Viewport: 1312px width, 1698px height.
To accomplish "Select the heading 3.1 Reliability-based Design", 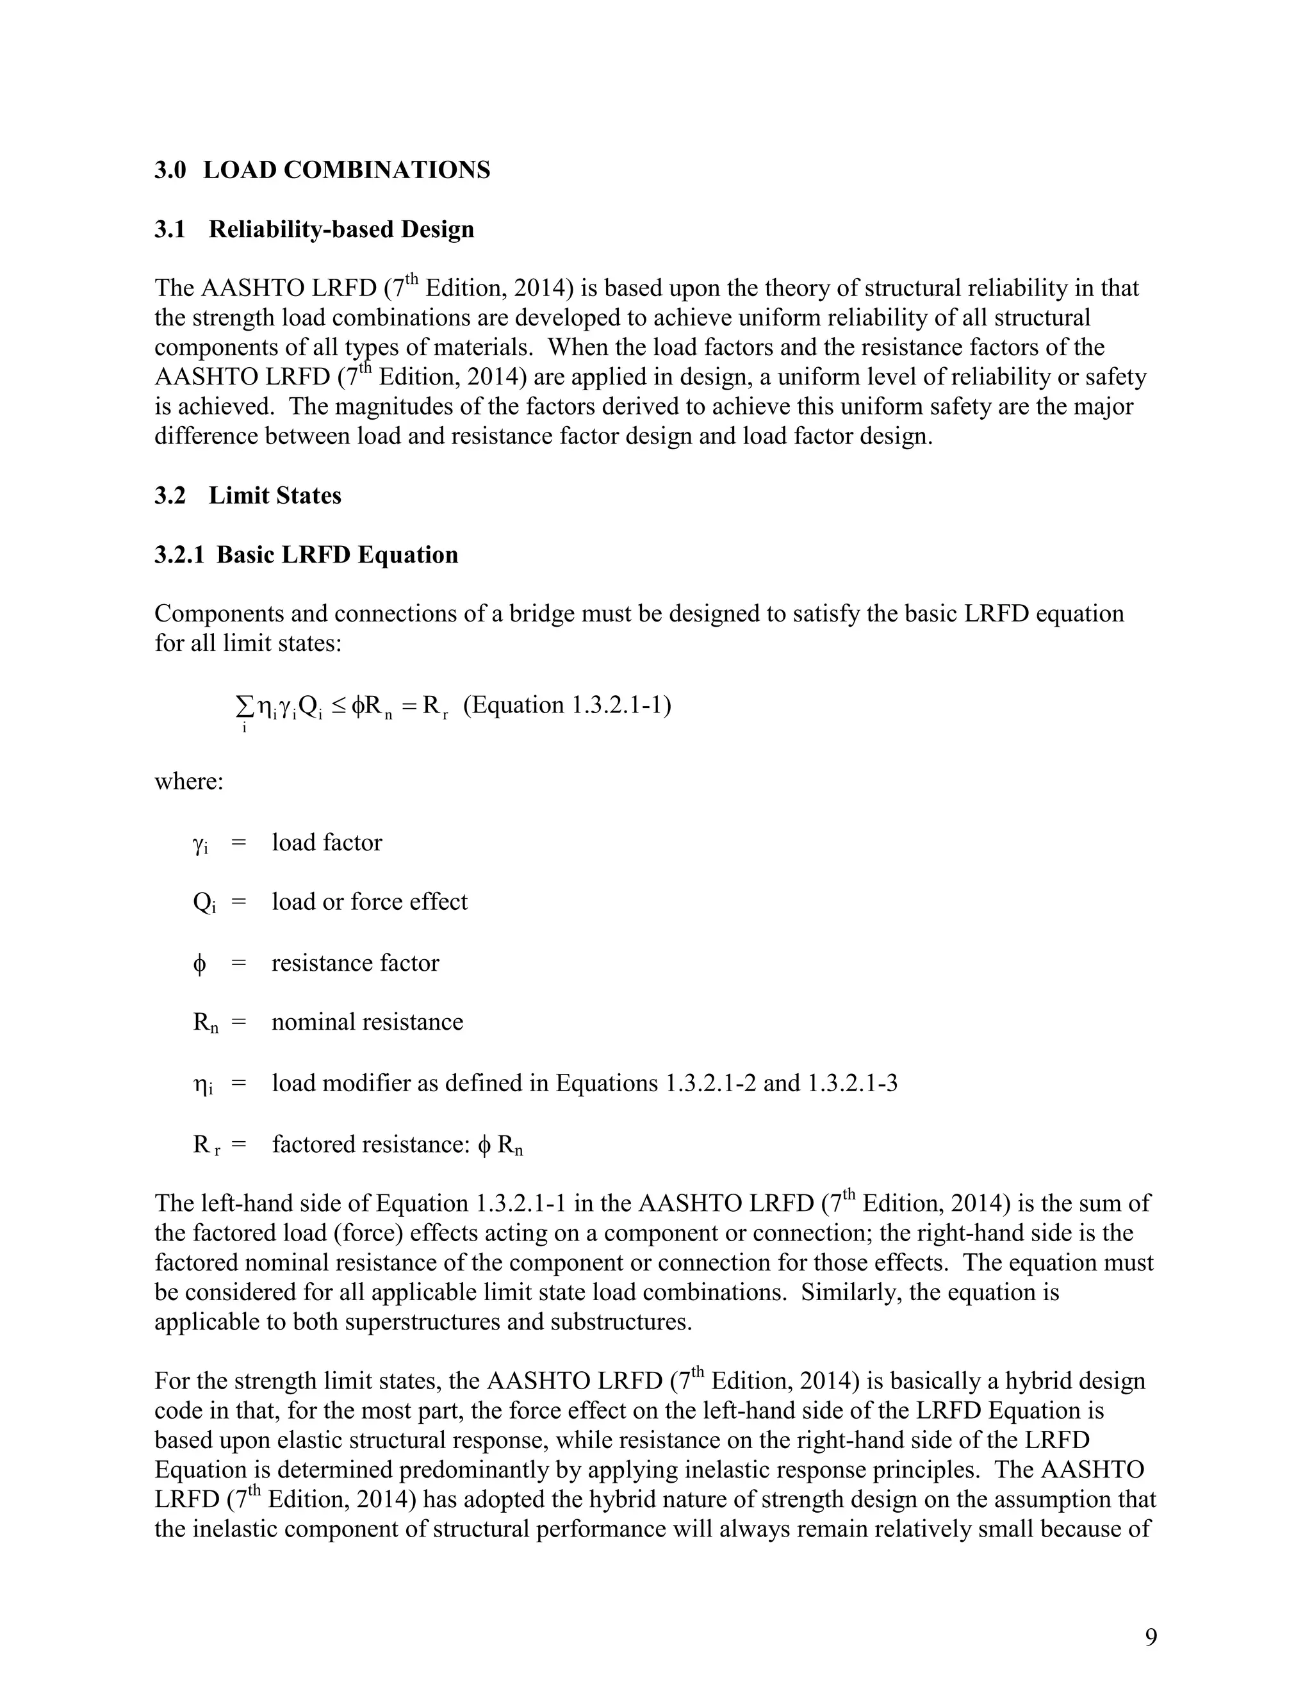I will coord(314,229).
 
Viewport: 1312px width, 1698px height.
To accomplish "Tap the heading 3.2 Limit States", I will coord(248,495).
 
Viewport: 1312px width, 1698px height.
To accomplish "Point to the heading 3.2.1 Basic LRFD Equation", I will coord(306,554).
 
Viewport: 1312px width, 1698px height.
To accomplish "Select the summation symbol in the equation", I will coord(244,705).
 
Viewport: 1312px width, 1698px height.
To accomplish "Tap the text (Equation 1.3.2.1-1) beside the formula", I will coord(568,705).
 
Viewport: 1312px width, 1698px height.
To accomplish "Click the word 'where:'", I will coord(189,780).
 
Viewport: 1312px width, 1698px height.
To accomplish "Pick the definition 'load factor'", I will coord(327,842).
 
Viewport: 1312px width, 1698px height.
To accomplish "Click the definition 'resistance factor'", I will coord(355,962).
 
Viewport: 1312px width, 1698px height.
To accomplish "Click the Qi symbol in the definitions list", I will coord(204,903).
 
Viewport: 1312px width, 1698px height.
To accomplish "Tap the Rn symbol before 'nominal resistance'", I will coord(205,1023).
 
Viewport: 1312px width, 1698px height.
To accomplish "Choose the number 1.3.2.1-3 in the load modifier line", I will coord(853,1082).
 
